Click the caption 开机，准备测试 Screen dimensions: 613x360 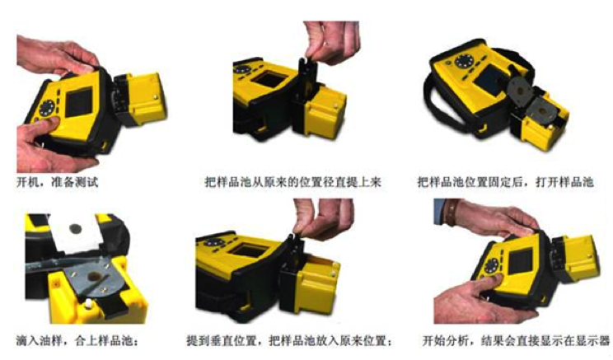click(x=57, y=182)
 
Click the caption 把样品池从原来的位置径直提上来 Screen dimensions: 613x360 click(x=292, y=182)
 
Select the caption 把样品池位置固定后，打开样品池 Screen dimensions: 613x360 click(x=506, y=182)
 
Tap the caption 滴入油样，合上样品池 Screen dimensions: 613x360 click(x=77, y=340)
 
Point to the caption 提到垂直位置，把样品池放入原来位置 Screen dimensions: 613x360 click(x=289, y=340)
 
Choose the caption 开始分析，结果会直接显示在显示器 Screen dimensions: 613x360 click(x=516, y=340)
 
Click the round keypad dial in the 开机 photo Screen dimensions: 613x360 click(x=46, y=108)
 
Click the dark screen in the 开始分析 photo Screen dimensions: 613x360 click(x=520, y=261)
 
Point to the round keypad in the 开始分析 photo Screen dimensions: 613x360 click(x=491, y=266)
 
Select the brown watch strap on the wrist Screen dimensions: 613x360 click(x=452, y=213)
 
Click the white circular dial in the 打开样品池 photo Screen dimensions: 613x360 click(x=464, y=61)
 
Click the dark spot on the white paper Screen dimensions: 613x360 click(x=76, y=229)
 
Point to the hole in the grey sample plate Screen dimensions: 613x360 click(x=94, y=276)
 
